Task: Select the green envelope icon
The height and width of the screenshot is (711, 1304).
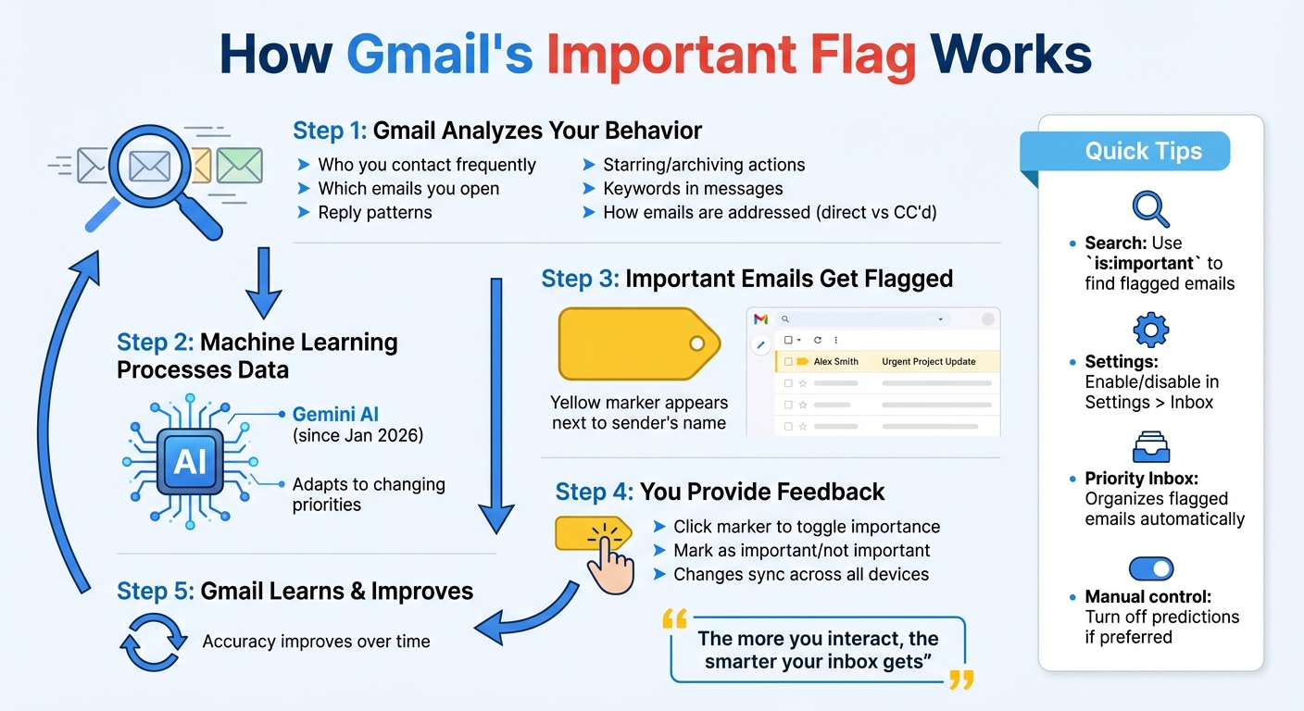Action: point(240,166)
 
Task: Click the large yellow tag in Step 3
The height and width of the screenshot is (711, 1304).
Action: point(638,344)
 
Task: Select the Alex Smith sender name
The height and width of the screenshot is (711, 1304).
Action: point(835,361)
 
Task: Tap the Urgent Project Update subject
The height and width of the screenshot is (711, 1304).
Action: point(928,361)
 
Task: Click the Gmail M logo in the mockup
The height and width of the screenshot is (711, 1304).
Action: point(760,319)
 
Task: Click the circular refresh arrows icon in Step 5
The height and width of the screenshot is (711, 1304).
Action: point(150,641)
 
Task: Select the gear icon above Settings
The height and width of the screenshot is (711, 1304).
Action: point(1150,330)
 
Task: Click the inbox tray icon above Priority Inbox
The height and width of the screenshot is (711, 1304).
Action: point(1150,448)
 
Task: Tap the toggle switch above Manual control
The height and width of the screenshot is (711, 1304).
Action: point(1150,568)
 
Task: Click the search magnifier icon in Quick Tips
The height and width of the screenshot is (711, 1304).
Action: point(1150,209)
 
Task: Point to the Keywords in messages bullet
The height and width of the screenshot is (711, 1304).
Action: point(692,189)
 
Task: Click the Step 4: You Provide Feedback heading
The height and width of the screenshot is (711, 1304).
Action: point(720,492)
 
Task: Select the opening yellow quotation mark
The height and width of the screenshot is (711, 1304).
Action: point(675,619)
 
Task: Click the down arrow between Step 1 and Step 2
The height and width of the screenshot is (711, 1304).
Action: point(263,283)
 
